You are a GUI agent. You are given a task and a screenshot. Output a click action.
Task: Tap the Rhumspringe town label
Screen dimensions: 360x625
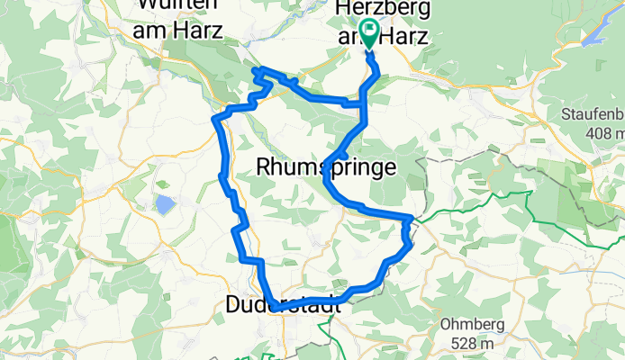tap(325, 166)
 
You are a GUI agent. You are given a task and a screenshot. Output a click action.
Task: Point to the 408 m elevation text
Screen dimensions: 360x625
tap(600, 133)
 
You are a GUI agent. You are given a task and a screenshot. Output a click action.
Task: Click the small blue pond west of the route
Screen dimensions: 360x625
tap(166, 205)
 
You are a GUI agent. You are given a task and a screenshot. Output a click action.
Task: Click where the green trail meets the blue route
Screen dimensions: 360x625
tap(412, 219)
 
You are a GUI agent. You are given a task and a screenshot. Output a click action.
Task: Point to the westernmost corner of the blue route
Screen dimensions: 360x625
tap(214, 118)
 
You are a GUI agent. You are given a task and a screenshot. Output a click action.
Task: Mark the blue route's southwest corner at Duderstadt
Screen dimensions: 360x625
tap(271, 309)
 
